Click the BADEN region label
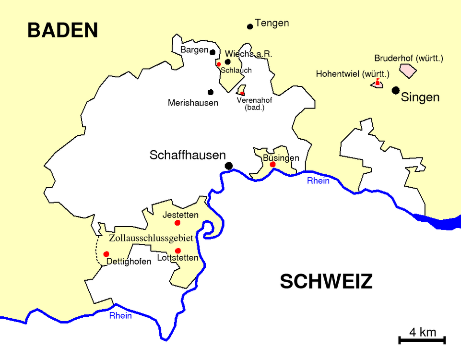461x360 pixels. click(x=62, y=30)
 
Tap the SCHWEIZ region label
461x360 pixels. click(x=326, y=282)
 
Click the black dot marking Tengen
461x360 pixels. click(x=250, y=26)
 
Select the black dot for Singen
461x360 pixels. click(x=396, y=90)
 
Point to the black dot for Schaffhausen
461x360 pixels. click(x=229, y=166)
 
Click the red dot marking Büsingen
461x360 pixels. click(x=272, y=165)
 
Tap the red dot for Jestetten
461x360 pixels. click(x=177, y=223)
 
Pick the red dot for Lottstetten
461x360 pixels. click(x=178, y=251)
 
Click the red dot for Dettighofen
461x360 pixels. click(x=106, y=254)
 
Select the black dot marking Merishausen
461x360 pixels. click(x=211, y=92)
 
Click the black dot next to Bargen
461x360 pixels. click(x=213, y=51)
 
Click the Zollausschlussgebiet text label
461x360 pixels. click(x=151, y=238)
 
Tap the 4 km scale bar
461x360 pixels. click(x=422, y=340)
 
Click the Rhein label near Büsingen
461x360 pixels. click(x=319, y=180)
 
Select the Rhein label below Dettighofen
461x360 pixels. click(x=120, y=315)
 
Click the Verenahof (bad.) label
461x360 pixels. click(x=254, y=104)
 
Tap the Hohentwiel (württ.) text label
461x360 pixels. click(x=353, y=74)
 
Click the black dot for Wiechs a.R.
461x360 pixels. click(x=228, y=61)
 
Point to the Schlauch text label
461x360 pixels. click(x=236, y=71)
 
